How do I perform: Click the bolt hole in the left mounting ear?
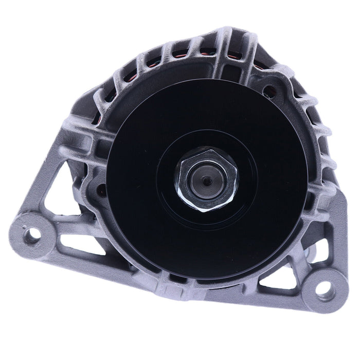33,236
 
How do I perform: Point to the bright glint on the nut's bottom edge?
206,210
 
